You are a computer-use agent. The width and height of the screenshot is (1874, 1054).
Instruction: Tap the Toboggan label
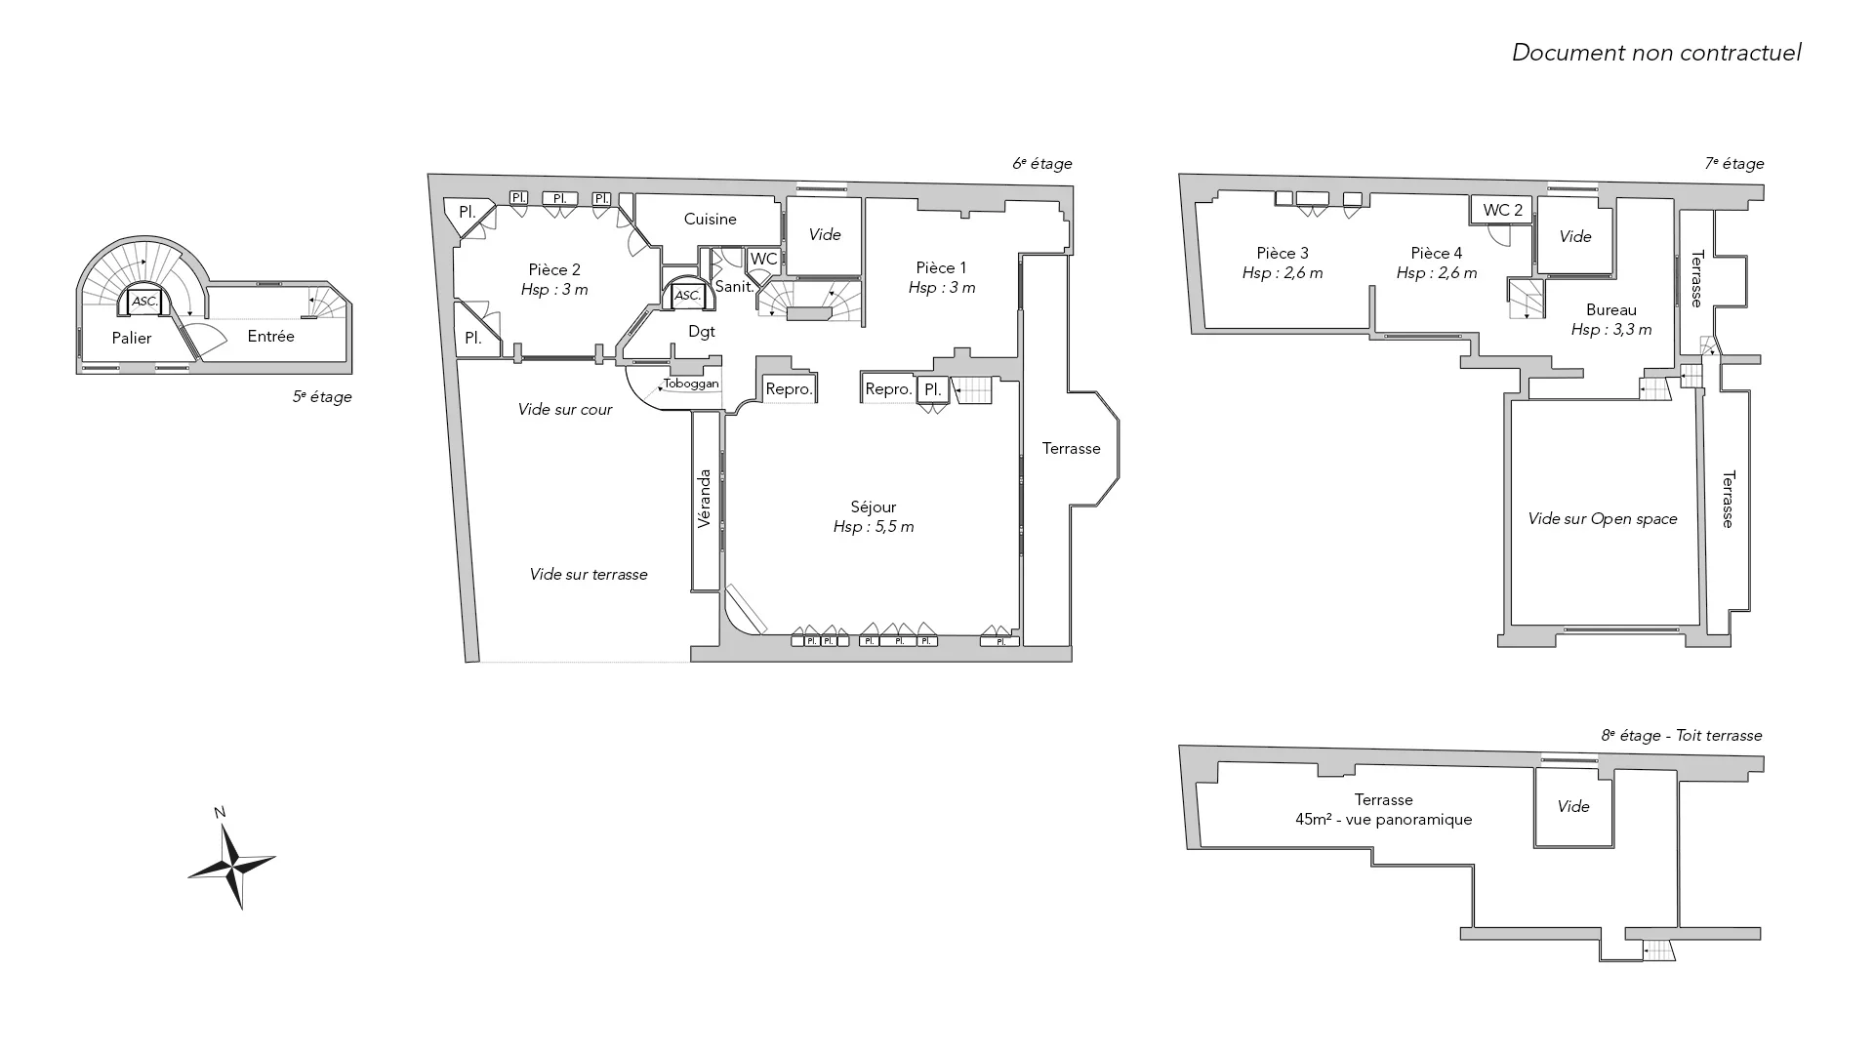coord(691,384)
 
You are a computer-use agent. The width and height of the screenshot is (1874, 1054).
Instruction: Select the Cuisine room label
coord(710,220)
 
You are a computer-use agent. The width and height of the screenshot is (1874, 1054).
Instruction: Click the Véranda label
coord(705,500)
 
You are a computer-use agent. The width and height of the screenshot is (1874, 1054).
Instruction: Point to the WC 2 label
coord(1502,210)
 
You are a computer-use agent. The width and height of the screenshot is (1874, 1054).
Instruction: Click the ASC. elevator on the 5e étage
coord(145,302)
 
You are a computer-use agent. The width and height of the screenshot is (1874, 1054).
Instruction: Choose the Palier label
coord(132,339)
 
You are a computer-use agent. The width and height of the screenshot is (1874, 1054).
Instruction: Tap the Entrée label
coord(271,336)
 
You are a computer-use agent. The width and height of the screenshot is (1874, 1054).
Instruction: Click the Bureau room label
coord(1611,310)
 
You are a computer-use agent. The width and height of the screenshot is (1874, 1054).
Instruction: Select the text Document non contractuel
coord(1656,53)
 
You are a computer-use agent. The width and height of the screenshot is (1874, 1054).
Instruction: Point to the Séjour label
coord(873,507)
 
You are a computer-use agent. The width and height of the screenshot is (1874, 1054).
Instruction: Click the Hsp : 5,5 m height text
coord(874,527)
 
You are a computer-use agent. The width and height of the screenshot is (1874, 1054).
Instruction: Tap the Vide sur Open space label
coord(1603,519)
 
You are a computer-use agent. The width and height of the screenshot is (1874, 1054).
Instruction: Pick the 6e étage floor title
coord(1042,164)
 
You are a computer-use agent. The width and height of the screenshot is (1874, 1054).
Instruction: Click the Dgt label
coord(702,332)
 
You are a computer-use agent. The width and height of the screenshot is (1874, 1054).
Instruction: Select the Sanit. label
coord(734,287)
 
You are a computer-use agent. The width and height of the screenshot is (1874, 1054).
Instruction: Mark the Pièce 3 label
coord(1283,254)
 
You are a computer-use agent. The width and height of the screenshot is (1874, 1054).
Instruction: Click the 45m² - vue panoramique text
coord(1383,820)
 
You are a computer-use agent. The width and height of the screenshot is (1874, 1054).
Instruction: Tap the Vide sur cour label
coord(565,410)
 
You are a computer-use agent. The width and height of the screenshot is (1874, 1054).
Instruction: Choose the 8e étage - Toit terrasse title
coord(1682,736)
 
